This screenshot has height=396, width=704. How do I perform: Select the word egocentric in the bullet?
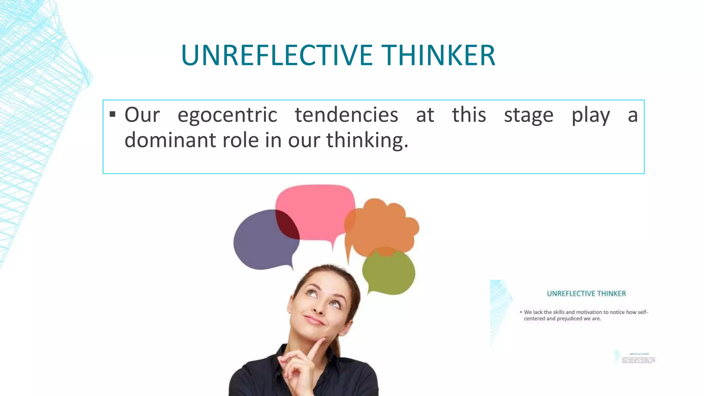227,115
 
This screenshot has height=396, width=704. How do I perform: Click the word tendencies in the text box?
346,115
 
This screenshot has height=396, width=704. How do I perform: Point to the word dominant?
168,140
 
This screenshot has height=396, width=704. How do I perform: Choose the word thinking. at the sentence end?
367,140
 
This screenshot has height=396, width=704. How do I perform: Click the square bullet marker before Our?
112,114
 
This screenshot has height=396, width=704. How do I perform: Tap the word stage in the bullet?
529,115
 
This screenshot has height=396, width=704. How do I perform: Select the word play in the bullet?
591,115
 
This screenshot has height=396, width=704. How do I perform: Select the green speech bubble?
388,273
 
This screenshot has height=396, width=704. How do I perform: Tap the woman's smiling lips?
315,320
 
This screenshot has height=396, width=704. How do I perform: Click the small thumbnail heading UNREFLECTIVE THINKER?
586,294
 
